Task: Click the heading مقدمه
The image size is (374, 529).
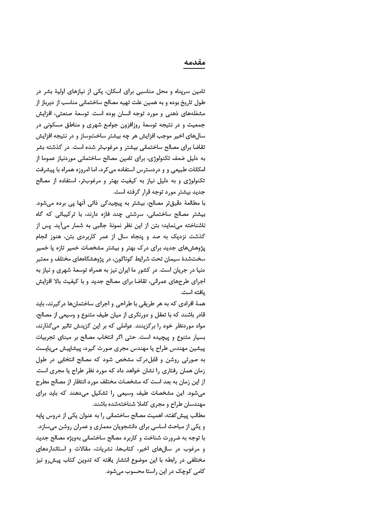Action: point(194,62)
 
